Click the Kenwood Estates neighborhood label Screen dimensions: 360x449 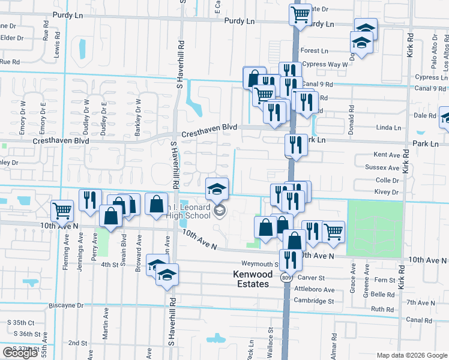tap(251, 279)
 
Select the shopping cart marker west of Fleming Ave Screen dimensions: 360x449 tap(62, 211)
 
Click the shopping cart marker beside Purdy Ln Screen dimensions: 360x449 tap(300, 14)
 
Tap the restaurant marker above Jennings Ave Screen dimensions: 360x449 tap(89, 200)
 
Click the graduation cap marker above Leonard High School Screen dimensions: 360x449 tap(217, 188)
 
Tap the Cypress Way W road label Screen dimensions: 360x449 tap(326, 64)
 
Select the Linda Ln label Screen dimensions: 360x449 tap(388, 128)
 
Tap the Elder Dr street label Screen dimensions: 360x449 tap(11, 37)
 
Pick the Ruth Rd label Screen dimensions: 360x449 tap(382, 309)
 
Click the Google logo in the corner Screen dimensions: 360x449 tap(20, 353)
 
